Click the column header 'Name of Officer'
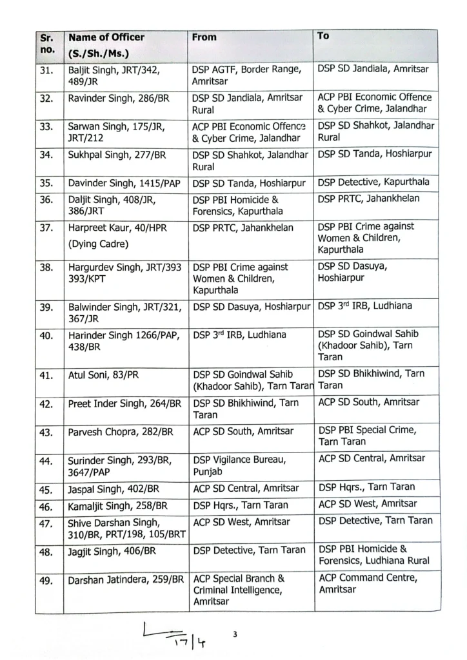pos(106,37)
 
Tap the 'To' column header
pos(323,36)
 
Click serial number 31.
pos(46,70)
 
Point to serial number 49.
pos(46,581)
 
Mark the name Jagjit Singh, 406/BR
pos(112,551)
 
